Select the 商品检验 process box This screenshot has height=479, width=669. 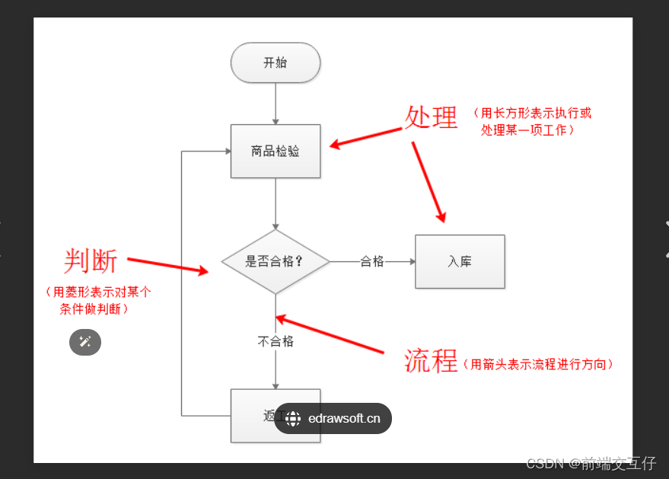click(x=275, y=151)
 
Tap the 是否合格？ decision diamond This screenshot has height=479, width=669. click(x=275, y=262)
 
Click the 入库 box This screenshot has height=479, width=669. click(x=460, y=262)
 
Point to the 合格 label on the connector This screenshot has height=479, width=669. click(x=372, y=262)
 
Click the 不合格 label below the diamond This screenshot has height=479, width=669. click(x=276, y=341)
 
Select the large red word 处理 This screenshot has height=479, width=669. click(x=431, y=118)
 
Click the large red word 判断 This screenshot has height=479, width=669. click(x=91, y=261)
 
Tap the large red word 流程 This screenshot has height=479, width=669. click(x=431, y=360)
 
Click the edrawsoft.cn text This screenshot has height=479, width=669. click(x=344, y=418)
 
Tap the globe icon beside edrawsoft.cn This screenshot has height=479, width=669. click(x=294, y=418)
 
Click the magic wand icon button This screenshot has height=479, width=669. click(x=85, y=343)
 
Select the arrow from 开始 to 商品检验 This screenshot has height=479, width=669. click(x=276, y=104)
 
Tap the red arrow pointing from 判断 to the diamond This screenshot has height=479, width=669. click(x=167, y=265)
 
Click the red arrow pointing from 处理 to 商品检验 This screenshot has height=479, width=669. click(x=365, y=137)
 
